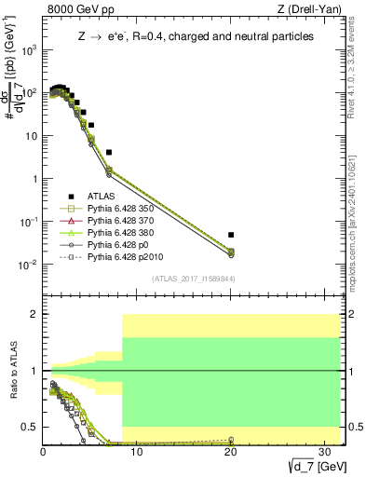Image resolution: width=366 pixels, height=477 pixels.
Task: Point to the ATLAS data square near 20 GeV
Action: pos(231,235)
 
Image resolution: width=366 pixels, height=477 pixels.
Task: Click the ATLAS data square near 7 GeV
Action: pos(109,152)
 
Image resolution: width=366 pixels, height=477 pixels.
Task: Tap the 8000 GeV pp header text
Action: pos(77,9)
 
